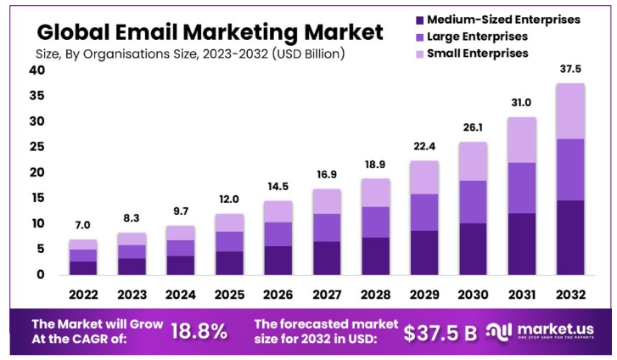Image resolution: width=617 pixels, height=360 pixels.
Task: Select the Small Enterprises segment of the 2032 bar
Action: pos(569,111)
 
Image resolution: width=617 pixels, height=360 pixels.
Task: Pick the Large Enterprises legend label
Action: pos(477,37)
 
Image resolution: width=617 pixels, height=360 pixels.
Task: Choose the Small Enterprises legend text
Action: pos(478,53)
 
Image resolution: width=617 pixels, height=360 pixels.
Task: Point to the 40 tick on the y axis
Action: pos(36,70)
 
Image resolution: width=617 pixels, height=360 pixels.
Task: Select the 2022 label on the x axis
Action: pos(83,294)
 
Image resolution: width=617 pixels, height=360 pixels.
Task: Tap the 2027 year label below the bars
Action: pos(327,294)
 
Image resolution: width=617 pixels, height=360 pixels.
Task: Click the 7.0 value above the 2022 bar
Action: pos(83,227)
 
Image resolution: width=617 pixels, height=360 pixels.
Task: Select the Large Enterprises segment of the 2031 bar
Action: pos(521,188)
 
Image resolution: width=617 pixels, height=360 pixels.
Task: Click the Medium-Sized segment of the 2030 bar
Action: pos(473,249)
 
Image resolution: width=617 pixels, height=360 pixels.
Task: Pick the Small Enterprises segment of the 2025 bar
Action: pos(229,222)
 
